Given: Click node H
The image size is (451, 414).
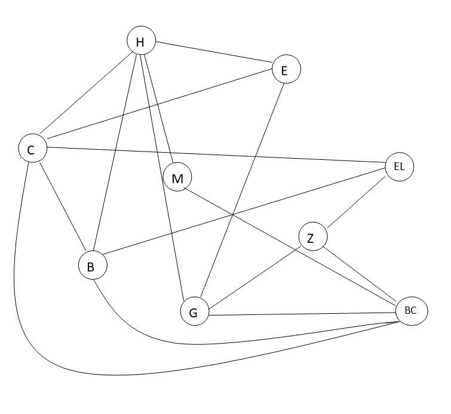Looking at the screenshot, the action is click(x=141, y=41).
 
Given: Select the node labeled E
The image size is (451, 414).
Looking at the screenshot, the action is click(x=286, y=69).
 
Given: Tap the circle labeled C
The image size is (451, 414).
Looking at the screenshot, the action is click(x=32, y=149).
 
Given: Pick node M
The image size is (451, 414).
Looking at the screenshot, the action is click(x=177, y=177).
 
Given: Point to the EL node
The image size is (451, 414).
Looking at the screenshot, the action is click(x=399, y=166).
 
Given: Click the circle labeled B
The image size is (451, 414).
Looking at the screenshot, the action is click(x=93, y=265).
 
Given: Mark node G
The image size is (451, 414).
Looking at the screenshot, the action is click(x=194, y=311).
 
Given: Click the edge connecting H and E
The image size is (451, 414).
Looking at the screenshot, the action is click(x=213, y=55).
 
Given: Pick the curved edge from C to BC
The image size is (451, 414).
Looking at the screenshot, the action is click(x=119, y=375).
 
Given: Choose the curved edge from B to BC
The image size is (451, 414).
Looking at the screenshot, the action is click(x=197, y=344).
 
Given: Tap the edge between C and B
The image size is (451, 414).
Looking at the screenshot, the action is click(x=62, y=206).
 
